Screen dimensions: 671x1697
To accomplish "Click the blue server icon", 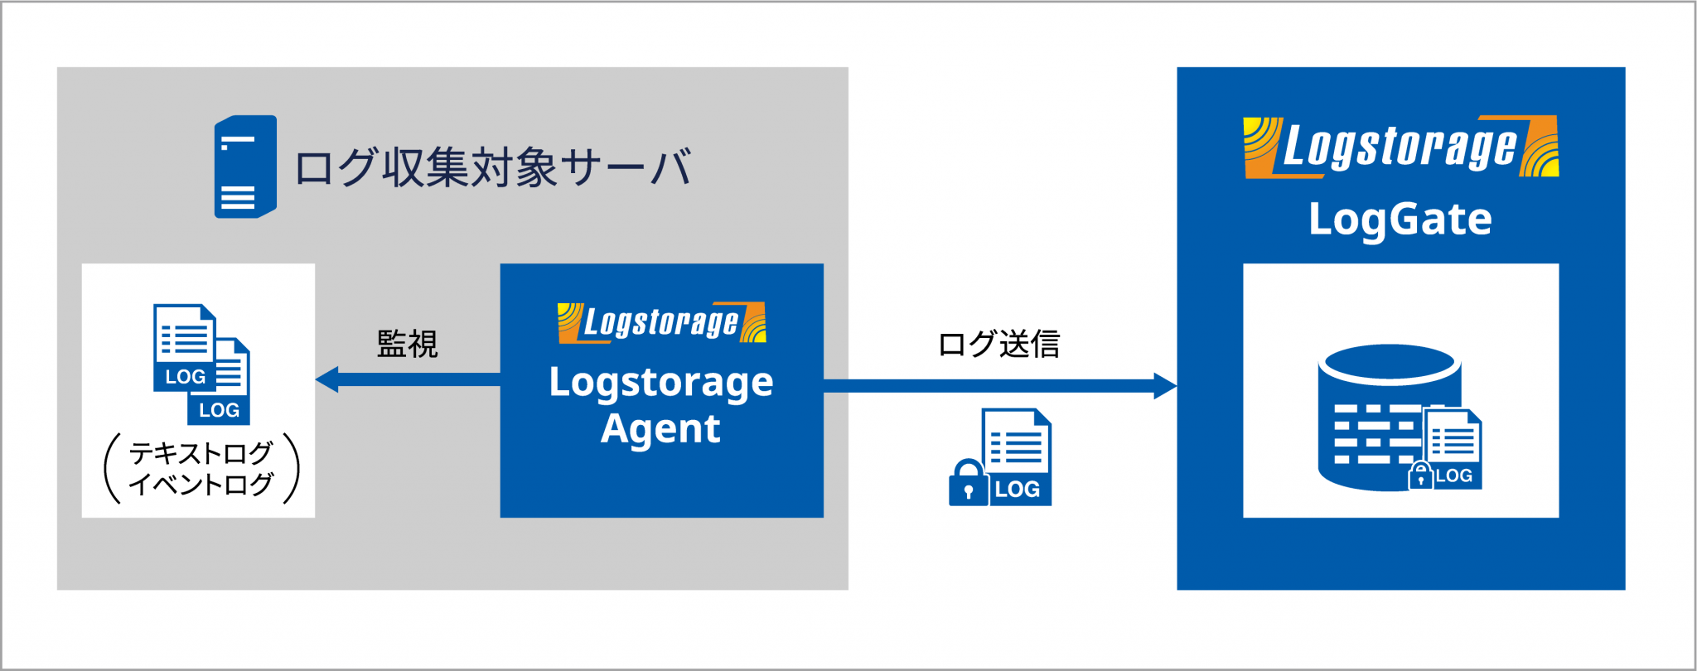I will pos(245,167).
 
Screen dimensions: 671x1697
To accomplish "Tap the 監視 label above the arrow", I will pos(407,344).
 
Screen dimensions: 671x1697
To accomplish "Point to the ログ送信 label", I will pos(998,344).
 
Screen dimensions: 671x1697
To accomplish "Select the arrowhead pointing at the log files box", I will pos(326,379).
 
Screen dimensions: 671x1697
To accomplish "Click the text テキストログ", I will pos(201,453).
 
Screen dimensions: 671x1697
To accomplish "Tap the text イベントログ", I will pos(201,484).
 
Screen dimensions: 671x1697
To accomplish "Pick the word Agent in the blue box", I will pos(660,428).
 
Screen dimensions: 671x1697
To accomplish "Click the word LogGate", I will pos(1400,220).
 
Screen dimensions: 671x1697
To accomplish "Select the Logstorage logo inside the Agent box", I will pos(661,322).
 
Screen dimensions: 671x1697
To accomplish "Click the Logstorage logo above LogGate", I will pos(1400,147).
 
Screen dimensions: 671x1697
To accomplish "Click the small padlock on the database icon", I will pos(1420,475).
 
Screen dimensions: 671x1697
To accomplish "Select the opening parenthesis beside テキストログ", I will pos(113,468).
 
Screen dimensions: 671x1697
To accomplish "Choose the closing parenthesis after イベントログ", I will pos(291,468).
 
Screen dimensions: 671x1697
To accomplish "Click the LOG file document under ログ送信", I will pos(1017,456).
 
